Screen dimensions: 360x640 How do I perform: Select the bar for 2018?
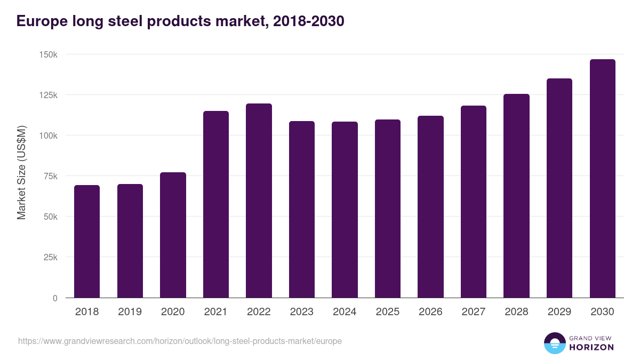(87, 241)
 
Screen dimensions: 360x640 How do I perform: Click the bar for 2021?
(215, 204)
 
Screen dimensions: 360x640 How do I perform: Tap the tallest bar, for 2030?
(602, 178)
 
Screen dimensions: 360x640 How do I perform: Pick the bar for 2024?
(345, 210)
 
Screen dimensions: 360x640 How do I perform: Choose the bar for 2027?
(473, 202)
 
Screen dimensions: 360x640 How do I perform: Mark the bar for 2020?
(173, 235)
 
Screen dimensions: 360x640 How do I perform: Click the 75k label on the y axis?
(51, 176)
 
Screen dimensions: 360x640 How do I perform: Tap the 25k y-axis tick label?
(51, 257)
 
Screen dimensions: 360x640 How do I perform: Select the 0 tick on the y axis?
(55, 298)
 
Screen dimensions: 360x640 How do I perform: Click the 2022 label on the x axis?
(259, 312)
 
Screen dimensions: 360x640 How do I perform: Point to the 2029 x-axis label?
(559, 312)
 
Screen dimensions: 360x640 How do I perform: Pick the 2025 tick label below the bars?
(387, 312)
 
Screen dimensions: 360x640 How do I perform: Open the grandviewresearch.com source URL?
(180, 341)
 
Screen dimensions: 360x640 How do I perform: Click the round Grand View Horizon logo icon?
(554, 343)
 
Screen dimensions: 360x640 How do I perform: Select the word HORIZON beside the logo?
(591, 347)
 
